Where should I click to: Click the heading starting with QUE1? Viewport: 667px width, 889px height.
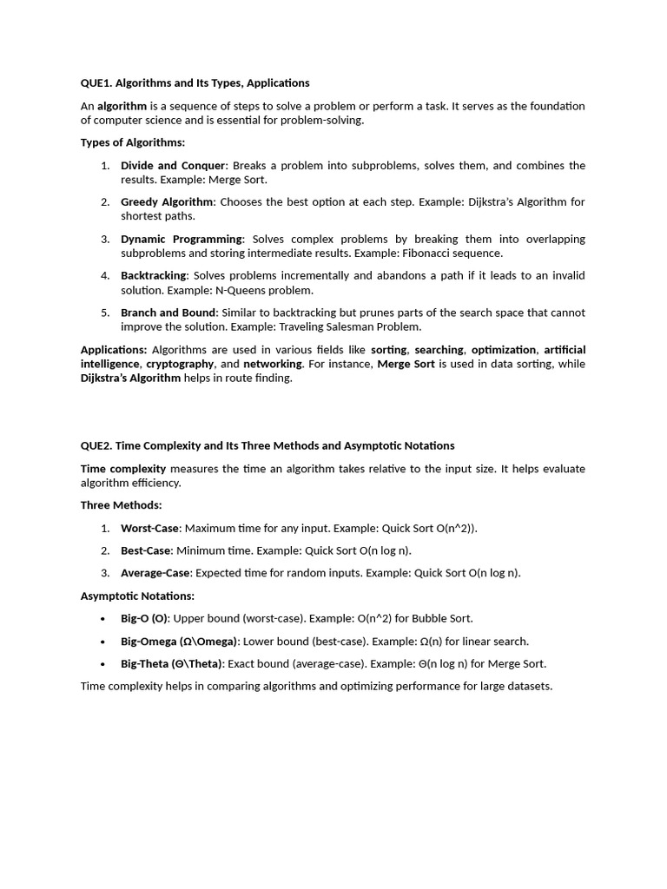point(195,83)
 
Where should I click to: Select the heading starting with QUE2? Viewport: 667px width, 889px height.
point(267,445)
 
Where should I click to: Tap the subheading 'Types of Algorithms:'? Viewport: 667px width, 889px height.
point(133,142)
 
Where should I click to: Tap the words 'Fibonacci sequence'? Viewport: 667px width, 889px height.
point(455,254)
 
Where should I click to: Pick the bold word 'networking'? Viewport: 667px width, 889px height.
point(273,364)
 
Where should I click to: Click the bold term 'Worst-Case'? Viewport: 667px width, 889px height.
point(149,528)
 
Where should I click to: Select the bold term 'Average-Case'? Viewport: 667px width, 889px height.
point(156,573)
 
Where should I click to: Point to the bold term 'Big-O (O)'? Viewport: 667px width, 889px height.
point(145,618)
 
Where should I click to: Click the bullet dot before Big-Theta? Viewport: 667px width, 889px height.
point(104,664)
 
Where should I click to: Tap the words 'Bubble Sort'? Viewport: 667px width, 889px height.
point(442,618)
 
